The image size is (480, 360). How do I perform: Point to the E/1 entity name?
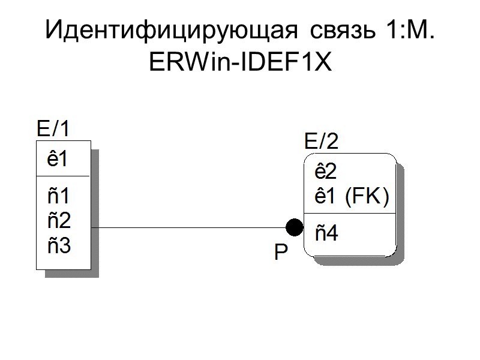point(53,128)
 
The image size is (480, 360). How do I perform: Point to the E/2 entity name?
point(322,142)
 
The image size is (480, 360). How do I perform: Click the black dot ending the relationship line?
point(294,227)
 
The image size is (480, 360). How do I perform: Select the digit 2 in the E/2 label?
point(332,142)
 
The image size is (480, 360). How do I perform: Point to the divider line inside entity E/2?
point(350,213)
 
